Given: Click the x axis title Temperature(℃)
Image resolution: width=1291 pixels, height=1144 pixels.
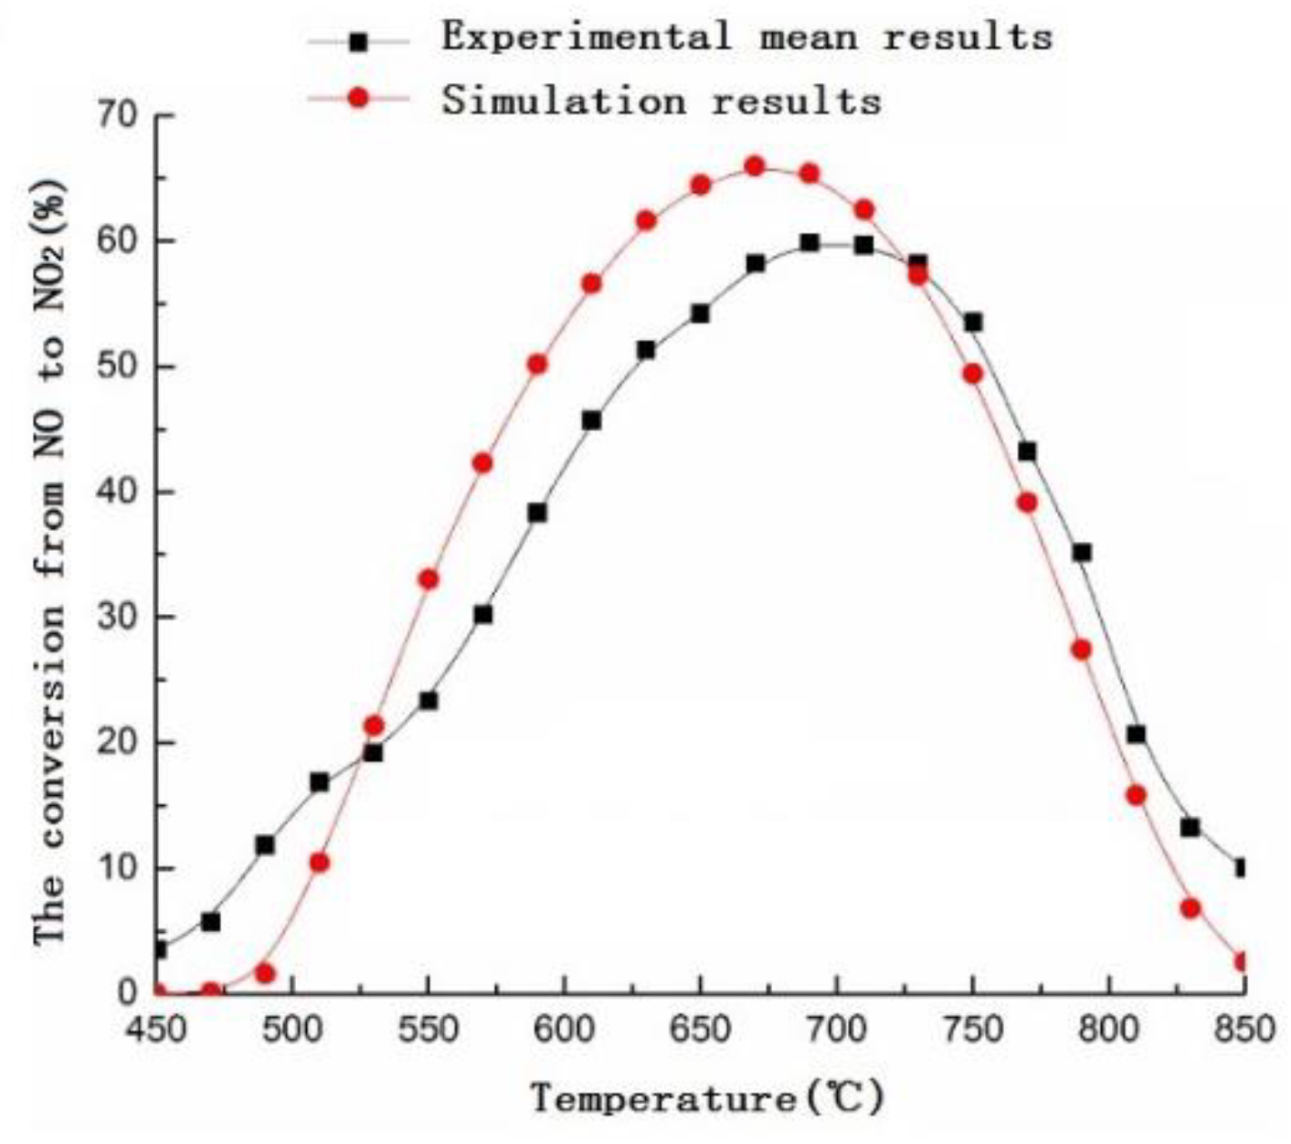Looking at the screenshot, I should click(x=708, y=1096).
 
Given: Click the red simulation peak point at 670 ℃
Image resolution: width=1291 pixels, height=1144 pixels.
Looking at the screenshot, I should click(x=755, y=166).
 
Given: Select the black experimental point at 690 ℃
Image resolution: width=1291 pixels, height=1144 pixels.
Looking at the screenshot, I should click(x=810, y=243).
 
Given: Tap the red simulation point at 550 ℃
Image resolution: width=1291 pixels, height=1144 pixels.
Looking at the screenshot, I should click(x=429, y=579).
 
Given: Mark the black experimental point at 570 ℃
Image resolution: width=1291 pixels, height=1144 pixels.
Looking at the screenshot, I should click(x=482, y=615).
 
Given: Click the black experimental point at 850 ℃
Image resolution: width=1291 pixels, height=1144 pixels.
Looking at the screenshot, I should click(x=1241, y=868).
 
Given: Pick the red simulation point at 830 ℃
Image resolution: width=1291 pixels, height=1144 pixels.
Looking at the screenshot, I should click(x=1190, y=908).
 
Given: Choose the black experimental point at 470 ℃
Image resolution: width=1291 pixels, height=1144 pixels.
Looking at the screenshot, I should click(x=211, y=922).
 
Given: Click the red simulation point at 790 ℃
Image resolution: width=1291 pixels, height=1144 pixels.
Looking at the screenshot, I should click(x=1082, y=650).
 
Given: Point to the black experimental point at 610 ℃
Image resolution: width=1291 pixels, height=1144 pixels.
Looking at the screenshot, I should click(x=591, y=421).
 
